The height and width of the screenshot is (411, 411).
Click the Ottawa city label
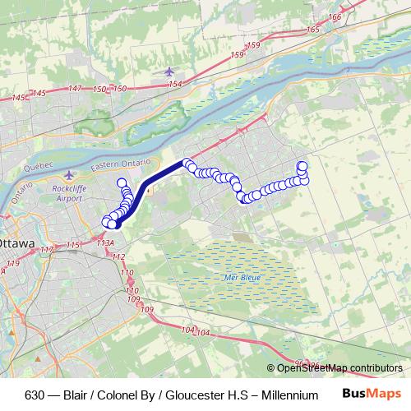(x=16, y=244)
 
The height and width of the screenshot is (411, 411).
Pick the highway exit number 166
(x=334, y=16)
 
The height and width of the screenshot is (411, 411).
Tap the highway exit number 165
(x=312, y=30)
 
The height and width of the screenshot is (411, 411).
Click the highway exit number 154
(x=173, y=84)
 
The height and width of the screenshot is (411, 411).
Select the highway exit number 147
(x=76, y=88)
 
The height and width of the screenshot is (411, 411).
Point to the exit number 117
(x=47, y=249)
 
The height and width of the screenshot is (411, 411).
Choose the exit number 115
(x=73, y=245)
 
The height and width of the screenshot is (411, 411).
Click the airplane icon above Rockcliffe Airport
(x=69, y=174)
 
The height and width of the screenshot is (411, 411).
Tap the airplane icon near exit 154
(x=169, y=71)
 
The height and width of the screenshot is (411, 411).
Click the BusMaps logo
(x=371, y=393)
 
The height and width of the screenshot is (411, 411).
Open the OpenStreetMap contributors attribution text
(x=339, y=367)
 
